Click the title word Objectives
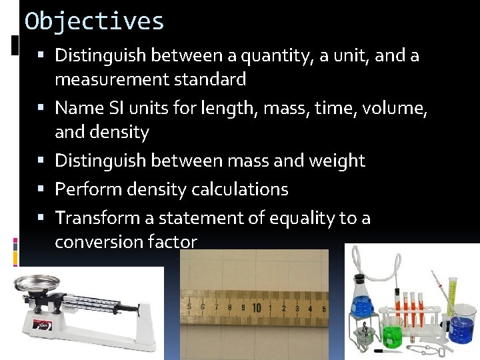click(94, 21)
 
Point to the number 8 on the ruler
click(229, 308)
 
